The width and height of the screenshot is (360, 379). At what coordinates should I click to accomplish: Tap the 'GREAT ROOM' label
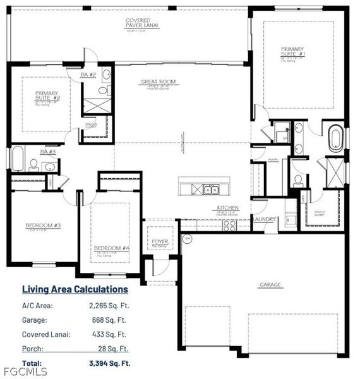[x=158, y=81]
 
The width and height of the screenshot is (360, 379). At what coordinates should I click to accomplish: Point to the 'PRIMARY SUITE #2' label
[x=47, y=95]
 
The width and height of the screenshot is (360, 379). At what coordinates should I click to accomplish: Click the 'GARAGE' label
[x=270, y=285]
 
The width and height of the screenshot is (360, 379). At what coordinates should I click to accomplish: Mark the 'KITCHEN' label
[x=227, y=207]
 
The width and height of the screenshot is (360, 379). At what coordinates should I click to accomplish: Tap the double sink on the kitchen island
[x=210, y=189]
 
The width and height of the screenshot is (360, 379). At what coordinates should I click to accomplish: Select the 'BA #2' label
[x=88, y=75]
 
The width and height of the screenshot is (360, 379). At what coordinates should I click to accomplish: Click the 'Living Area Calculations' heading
[x=75, y=289]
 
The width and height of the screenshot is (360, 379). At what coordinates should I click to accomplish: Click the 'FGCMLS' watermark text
[x=18, y=371]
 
